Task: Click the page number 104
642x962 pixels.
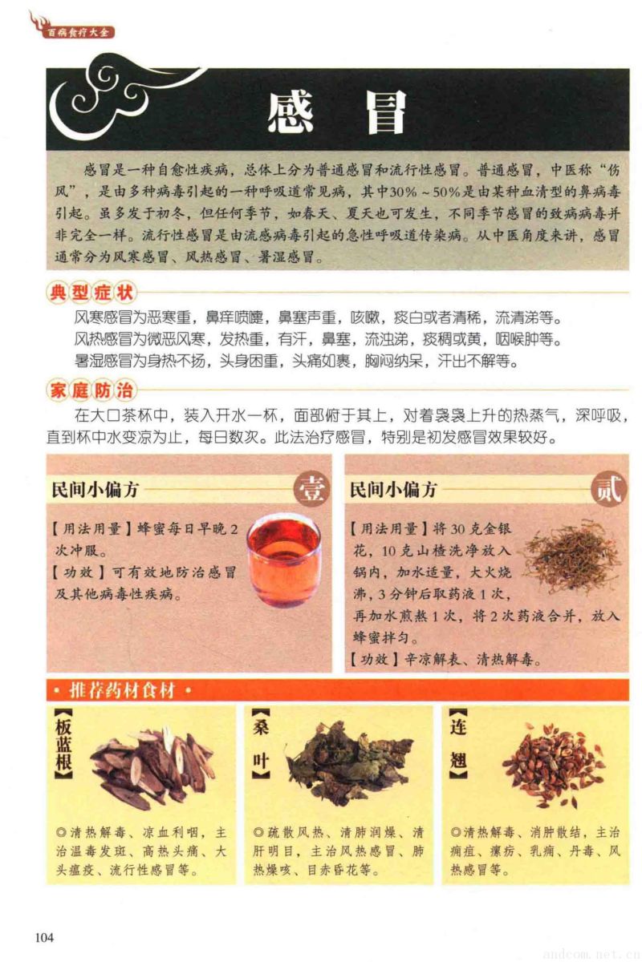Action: tap(44, 937)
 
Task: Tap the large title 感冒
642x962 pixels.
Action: tap(337, 112)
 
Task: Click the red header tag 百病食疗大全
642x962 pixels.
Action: tap(78, 33)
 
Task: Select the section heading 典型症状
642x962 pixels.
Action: tap(91, 293)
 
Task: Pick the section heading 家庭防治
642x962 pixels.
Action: tap(91, 390)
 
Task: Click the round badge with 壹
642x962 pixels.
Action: tap(311, 489)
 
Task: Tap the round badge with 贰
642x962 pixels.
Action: tap(609, 489)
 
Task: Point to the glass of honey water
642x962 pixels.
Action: tap(283, 562)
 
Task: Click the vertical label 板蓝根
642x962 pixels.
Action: tap(64, 744)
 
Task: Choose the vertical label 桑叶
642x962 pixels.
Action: tap(261, 744)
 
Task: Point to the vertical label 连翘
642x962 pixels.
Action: tap(458, 744)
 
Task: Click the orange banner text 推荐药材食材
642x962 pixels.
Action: tap(122, 690)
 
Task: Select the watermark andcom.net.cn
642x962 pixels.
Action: tap(591, 952)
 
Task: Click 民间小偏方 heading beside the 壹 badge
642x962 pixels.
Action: tap(95, 490)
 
